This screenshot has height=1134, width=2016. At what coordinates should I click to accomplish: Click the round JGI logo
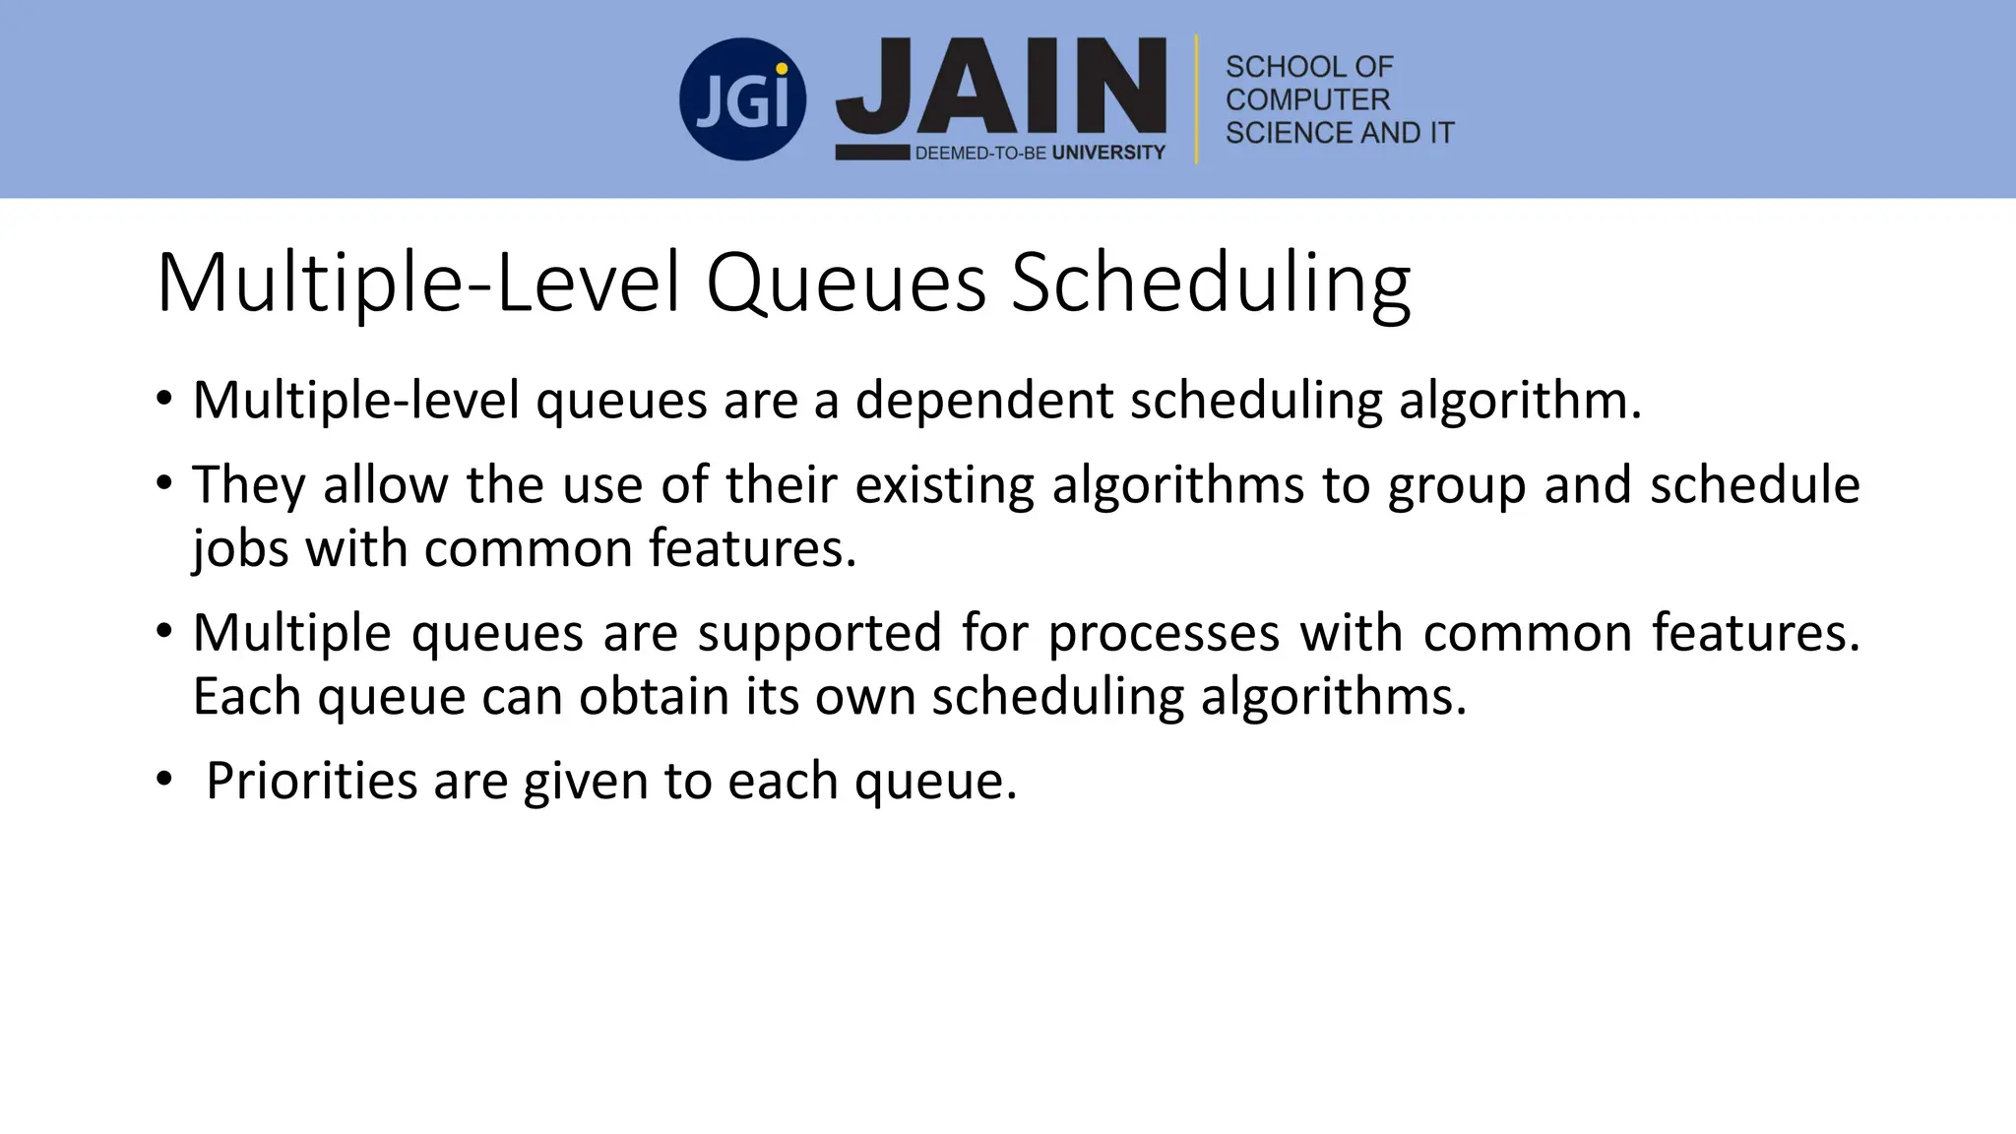click(742, 99)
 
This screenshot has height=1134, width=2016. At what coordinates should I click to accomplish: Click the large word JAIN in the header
click(1001, 87)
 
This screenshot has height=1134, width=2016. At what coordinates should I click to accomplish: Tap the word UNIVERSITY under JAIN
click(1108, 153)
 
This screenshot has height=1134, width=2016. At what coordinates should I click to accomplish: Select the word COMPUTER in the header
click(1306, 99)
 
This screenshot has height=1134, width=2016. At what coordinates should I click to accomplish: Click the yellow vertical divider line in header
click(1196, 99)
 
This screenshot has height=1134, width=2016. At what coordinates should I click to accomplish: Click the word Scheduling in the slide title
click(1211, 283)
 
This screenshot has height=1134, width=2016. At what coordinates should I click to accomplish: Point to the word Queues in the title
click(845, 283)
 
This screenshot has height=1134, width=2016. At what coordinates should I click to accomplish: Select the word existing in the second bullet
click(944, 485)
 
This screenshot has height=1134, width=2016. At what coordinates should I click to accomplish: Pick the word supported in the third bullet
click(819, 632)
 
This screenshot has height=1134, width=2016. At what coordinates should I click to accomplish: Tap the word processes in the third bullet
click(1164, 632)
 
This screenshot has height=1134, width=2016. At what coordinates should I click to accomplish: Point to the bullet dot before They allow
click(163, 483)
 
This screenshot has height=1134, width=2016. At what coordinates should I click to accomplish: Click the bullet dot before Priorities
click(163, 780)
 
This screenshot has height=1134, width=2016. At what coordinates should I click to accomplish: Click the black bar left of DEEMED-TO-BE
click(872, 153)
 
